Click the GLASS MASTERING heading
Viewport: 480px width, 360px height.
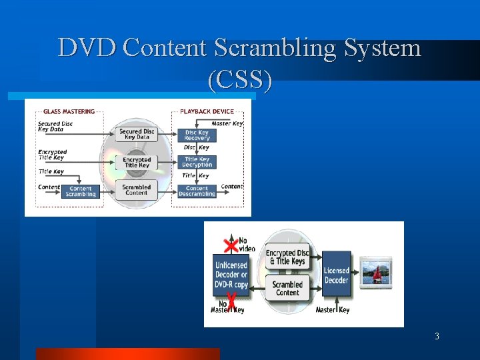point(69,111)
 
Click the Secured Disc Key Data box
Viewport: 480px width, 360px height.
point(137,134)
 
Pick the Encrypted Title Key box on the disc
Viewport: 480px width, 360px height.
point(137,162)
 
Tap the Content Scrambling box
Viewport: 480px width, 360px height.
point(81,191)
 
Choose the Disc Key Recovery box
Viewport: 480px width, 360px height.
point(197,135)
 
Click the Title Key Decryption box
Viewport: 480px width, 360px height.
point(197,162)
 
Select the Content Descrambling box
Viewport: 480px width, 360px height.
point(197,191)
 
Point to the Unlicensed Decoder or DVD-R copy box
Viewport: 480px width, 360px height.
point(231,275)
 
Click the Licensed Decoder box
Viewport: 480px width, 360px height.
point(336,275)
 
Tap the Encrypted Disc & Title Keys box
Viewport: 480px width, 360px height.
point(287,257)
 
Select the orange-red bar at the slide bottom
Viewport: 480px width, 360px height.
point(127,353)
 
